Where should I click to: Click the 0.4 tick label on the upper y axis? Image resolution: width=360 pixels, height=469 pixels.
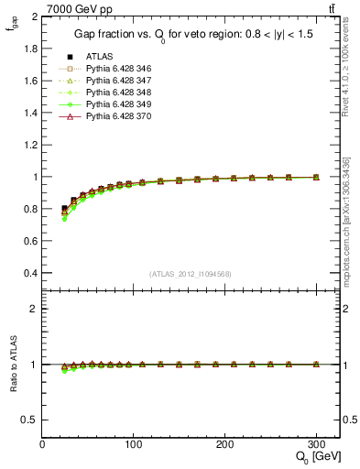[x=31, y=273]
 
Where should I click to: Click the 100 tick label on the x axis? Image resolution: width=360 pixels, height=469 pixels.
[x=134, y=443]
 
